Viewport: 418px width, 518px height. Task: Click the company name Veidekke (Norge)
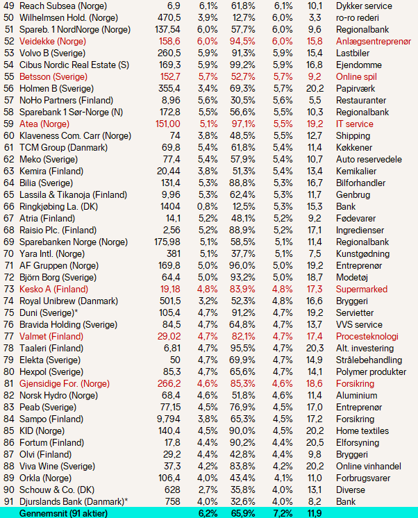pos(53,41)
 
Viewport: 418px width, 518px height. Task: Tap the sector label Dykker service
pos(364,6)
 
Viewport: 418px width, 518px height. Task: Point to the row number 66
pos(9,206)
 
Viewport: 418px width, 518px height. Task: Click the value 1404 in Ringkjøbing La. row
pos(170,206)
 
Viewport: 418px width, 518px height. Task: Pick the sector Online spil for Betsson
pos(356,76)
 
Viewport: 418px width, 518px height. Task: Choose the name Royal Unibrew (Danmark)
pos(69,301)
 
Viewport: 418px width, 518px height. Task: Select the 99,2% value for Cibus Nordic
pos(242,65)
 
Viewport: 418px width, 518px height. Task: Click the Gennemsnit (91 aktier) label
pos(63,513)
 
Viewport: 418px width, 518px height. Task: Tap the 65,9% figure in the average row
pos(242,513)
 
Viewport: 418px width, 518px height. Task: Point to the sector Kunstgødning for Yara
pos(362,253)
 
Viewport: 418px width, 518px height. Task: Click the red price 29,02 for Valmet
pos(169,336)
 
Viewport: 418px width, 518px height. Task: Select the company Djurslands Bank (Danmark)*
pos(74,501)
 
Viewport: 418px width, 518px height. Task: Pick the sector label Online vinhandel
pos(369,466)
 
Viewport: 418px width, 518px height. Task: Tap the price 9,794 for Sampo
pos(169,419)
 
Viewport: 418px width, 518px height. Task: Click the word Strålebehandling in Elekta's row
pos(369,360)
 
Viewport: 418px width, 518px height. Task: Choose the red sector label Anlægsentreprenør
pos(374,41)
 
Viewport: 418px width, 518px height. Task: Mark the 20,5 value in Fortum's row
pos(315,443)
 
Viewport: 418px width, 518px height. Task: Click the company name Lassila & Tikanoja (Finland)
pos(73,194)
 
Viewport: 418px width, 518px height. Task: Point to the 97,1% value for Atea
pos(243,124)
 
